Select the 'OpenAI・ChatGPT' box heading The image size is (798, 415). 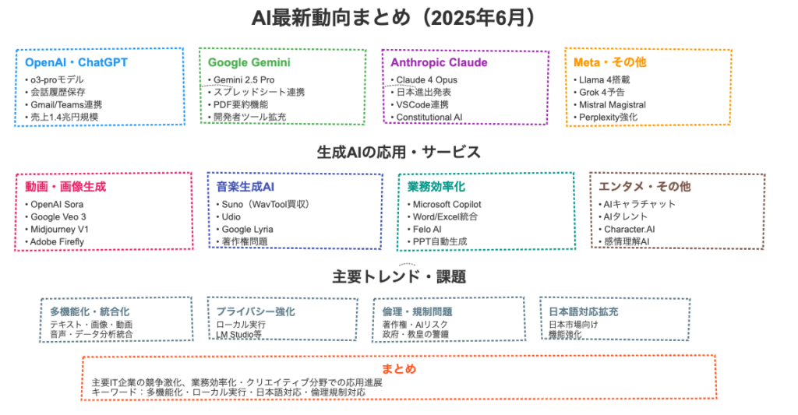(x=76, y=62)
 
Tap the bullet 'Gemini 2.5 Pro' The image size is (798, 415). (x=244, y=80)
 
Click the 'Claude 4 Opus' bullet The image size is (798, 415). (x=426, y=80)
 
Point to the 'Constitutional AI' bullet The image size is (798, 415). (x=429, y=117)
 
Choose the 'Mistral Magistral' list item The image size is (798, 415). (x=613, y=105)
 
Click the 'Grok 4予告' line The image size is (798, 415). (x=602, y=92)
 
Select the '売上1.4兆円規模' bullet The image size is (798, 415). (x=64, y=117)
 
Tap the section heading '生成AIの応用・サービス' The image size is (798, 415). (x=398, y=152)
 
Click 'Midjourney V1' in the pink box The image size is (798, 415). (x=59, y=230)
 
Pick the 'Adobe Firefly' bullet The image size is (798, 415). (x=57, y=241)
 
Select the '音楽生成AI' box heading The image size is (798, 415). (x=245, y=187)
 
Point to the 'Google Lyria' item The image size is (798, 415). (x=247, y=230)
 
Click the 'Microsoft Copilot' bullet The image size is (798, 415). (x=447, y=205)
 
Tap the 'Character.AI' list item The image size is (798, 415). (x=629, y=230)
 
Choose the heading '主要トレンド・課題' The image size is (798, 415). (x=399, y=276)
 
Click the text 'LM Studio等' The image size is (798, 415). (x=239, y=335)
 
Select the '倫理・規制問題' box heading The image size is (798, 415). (x=418, y=311)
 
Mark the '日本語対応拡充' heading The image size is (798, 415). (x=583, y=311)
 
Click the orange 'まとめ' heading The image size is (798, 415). (x=399, y=369)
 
